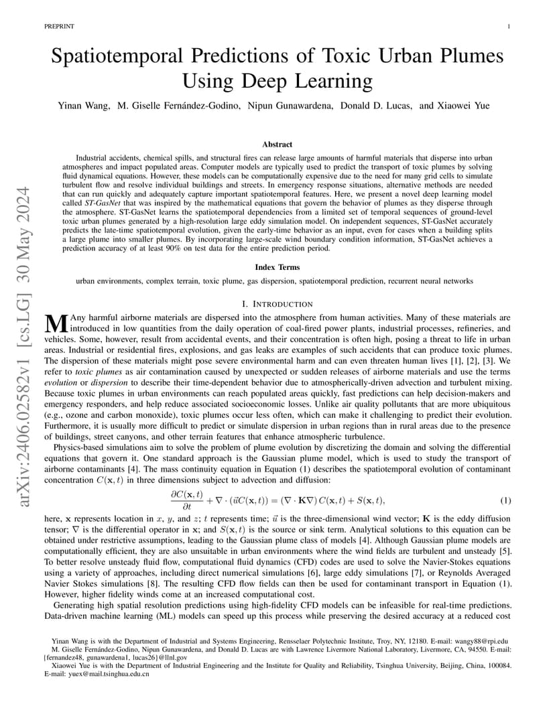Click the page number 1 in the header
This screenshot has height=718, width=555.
coord(510,26)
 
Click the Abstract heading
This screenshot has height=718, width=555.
coord(277,144)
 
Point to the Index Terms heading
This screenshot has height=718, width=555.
coord(277,267)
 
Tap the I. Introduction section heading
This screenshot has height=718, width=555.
coord(277,304)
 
